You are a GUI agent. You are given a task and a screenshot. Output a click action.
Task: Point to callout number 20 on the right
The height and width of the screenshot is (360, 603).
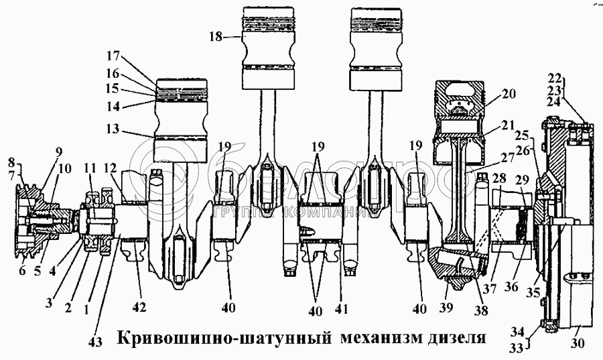tap(509, 95)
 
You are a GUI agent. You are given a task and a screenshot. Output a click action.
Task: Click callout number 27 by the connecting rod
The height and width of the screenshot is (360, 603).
tap(508, 160)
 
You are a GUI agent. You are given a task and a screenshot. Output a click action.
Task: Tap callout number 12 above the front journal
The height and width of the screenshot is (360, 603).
tap(110, 167)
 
